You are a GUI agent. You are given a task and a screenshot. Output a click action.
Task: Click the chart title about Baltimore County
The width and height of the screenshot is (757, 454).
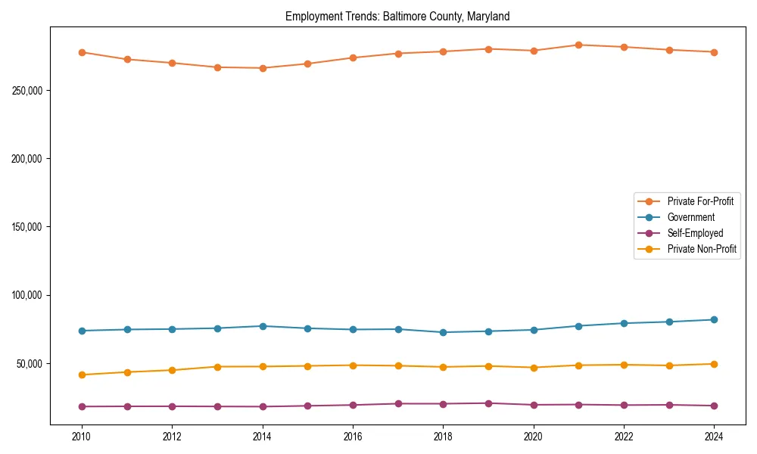[397, 16]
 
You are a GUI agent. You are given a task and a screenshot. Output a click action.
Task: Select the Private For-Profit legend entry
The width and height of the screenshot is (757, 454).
[700, 201]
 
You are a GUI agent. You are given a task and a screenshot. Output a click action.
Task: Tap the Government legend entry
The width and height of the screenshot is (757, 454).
[690, 217]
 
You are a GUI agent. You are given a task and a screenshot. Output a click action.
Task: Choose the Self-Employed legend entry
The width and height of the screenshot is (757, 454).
[695, 233]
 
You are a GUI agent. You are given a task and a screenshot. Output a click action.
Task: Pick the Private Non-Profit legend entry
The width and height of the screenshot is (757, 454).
[702, 249]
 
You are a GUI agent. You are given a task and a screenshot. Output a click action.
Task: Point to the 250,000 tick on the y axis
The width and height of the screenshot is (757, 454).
[27, 91]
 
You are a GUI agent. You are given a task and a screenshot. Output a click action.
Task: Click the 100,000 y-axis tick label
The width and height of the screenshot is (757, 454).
[27, 295]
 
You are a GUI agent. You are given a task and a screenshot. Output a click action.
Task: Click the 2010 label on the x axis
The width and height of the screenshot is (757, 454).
[82, 437]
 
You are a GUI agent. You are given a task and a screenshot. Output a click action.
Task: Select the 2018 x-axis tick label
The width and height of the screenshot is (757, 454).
[444, 437]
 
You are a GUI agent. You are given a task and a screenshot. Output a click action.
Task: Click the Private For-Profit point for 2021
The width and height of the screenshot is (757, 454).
[579, 45]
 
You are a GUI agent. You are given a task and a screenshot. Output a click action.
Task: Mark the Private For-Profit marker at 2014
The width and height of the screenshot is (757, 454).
[263, 68]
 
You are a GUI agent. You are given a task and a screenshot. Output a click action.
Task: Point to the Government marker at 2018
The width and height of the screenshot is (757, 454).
[444, 332]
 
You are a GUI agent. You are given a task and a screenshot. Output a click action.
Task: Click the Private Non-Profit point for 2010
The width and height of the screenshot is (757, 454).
[82, 375]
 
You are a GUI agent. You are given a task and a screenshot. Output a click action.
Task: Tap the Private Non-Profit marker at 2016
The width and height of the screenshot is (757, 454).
[353, 365]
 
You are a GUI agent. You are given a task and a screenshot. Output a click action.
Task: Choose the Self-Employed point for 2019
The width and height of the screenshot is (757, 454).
[488, 403]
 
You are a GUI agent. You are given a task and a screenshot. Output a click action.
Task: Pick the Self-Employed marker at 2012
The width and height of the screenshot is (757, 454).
[172, 406]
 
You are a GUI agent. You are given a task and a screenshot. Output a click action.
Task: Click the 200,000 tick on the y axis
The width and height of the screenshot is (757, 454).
[27, 159]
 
